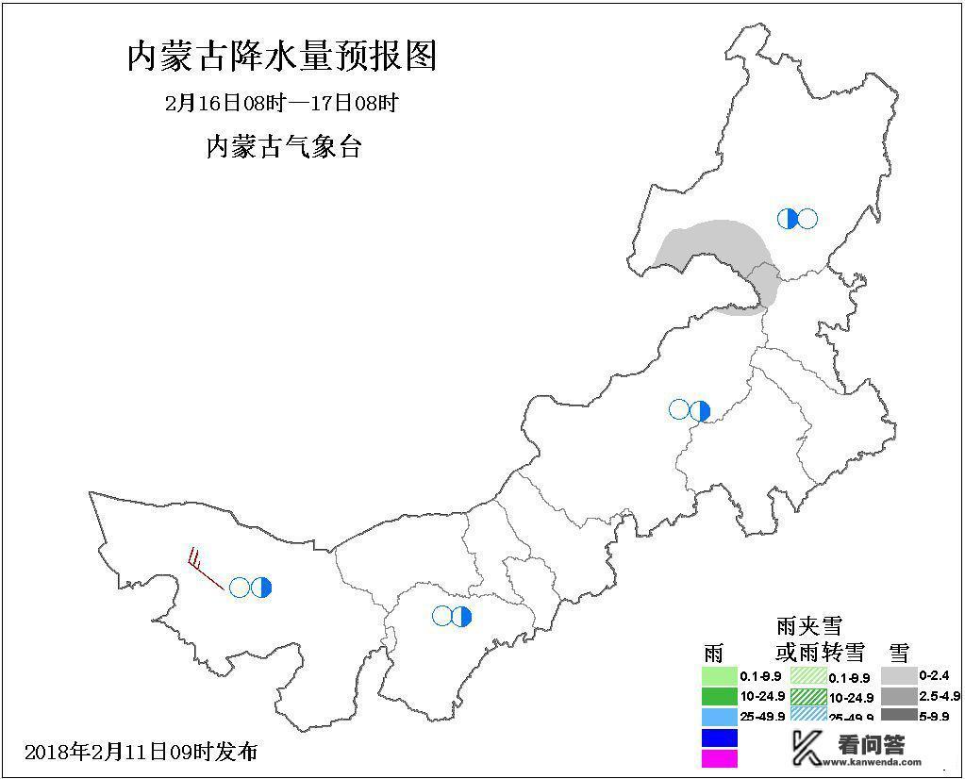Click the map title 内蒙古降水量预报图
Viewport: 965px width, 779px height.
[282, 57]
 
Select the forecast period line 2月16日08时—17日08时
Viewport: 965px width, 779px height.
[282, 103]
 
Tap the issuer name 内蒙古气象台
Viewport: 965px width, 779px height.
[283, 147]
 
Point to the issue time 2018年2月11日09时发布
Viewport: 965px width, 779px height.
[141, 752]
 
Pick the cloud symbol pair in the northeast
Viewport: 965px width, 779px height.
[797, 219]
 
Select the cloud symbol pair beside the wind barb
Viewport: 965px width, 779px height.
[251, 588]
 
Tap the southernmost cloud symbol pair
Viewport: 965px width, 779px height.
[452, 616]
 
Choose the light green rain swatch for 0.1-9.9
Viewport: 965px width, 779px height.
[719, 676]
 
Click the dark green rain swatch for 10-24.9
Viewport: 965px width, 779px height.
[719, 697]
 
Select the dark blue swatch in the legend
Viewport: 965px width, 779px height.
[719, 738]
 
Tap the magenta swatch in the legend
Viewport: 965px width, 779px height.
[719, 757]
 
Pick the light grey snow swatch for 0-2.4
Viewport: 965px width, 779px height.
[899, 675]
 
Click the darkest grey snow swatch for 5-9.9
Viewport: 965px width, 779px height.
[899, 716]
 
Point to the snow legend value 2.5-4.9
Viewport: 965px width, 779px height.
[941, 696]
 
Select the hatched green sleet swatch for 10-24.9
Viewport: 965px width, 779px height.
[808, 697]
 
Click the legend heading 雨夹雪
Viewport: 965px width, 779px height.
[808, 625]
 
